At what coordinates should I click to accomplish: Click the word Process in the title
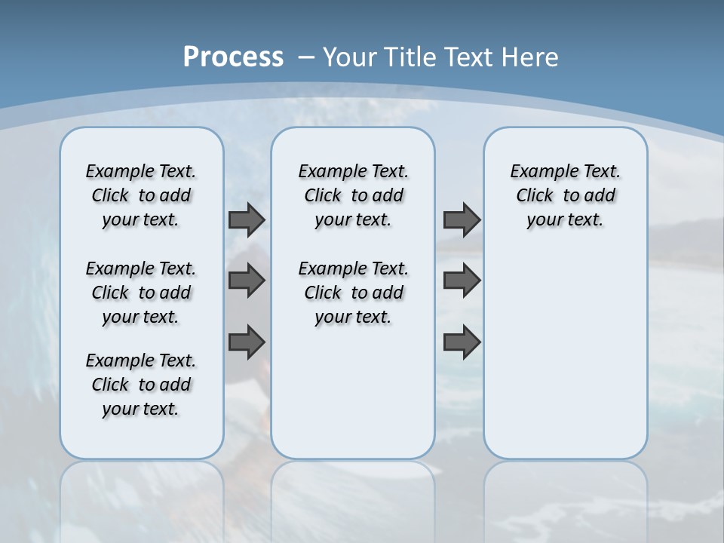(x=233, y=57)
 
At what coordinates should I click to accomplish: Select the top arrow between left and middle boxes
(x=247, y=219)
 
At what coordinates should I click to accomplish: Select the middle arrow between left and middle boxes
(x=247, y=281)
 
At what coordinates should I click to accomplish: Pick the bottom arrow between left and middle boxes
(x=247, y=342)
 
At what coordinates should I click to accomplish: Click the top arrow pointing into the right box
(x=462, y=219)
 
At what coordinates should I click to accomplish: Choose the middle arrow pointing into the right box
(x=462, y=281)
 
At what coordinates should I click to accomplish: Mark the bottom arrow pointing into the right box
(x=462, y=342)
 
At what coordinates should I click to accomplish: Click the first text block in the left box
(x=141, y=195)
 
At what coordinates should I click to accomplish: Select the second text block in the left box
(x=141, y=293)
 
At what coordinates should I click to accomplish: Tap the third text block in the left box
(x=141, y=385)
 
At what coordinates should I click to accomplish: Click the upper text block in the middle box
(x=353, y=195)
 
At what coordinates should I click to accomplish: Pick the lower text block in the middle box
(x=353, y=293)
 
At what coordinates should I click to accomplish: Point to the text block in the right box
(x=565, y=195)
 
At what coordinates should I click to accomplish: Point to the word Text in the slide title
(x=471, y=57)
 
